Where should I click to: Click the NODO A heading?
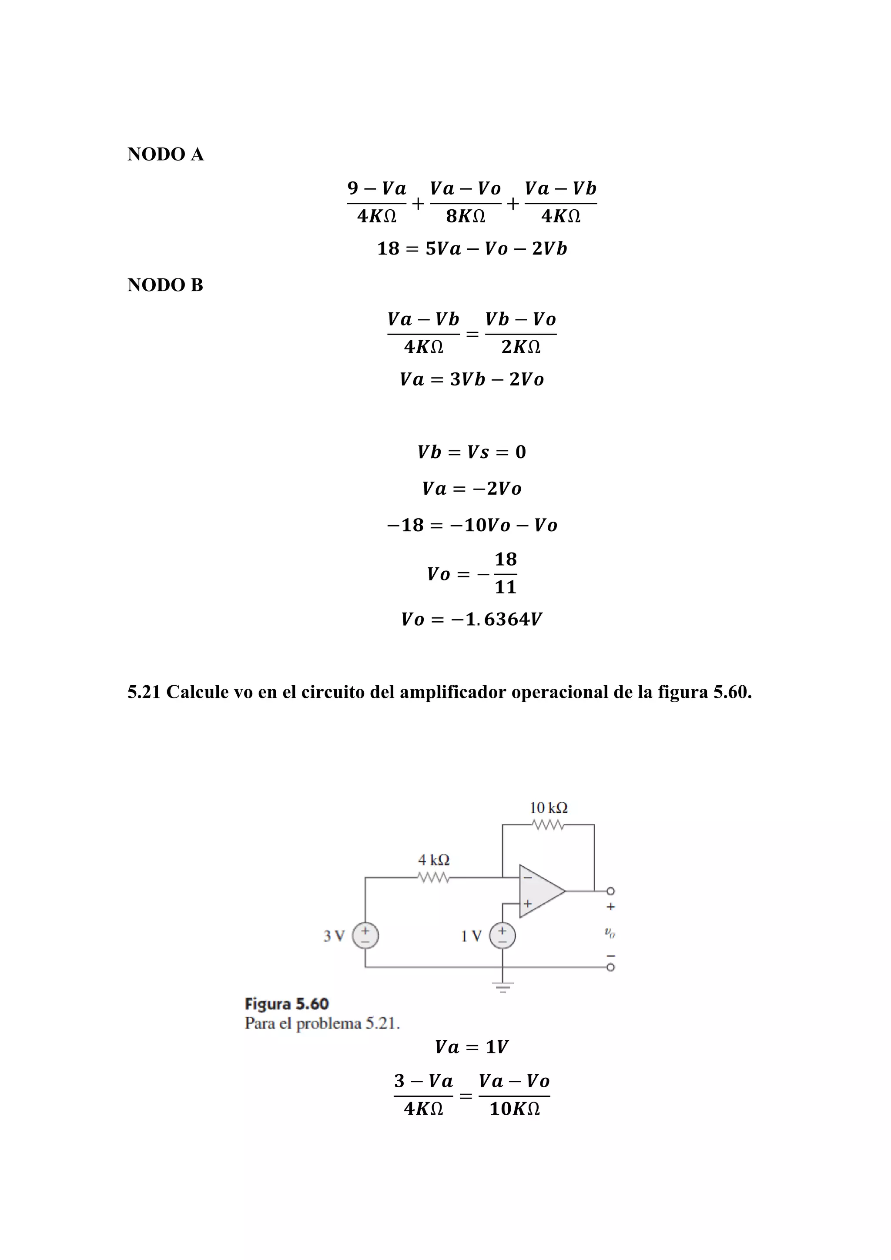coord(165,155)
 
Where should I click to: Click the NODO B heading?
coord(165,285)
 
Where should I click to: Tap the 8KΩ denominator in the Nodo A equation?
coord(465,217)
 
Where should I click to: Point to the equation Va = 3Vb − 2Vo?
coord(472,380)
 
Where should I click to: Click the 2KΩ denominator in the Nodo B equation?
coord(521,347)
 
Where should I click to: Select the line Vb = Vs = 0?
coord(472,452)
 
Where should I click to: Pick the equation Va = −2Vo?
coord(472,489)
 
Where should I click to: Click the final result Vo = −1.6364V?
coord(472,620)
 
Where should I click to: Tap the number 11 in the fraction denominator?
coord(505,588)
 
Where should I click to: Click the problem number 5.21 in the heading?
coord(144,693)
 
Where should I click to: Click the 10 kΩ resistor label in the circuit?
coord(548,808)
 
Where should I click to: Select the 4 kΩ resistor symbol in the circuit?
coord(433,878)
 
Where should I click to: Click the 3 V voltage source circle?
coord(365,936)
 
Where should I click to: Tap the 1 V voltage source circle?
coord(502,936)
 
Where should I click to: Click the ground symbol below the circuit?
coord(502,988)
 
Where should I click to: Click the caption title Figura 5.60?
coord(286,1004)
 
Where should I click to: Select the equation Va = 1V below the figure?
coord(472,1047)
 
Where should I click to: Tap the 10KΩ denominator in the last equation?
coord(514,1109)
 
